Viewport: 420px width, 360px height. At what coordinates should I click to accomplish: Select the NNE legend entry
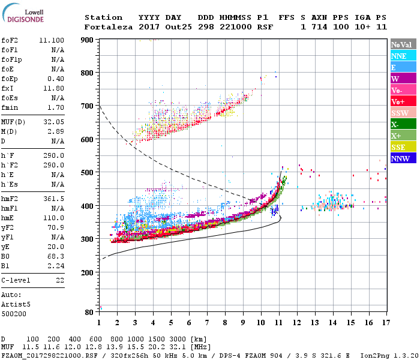click(x=399, y=56)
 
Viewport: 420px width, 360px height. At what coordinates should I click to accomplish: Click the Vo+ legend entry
click(x=398, y=101)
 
